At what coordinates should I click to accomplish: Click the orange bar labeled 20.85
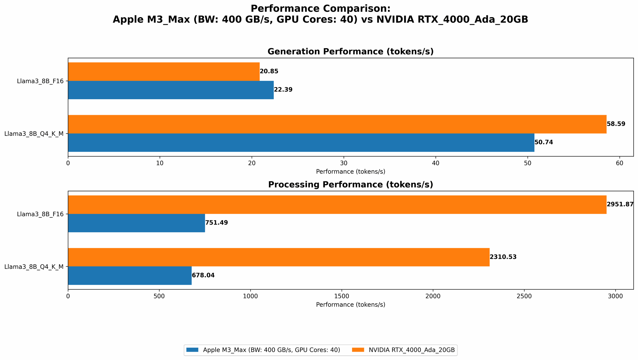click(164, 71)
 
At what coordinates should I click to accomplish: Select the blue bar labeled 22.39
click(171, 90)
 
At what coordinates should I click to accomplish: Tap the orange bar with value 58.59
click(337, 124)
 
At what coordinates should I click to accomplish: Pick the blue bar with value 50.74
click(301, 143)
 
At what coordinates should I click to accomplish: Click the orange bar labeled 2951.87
click(337, 204)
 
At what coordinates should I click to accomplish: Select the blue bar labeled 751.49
click(136, 223)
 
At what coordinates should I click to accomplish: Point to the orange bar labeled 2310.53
click(278, 257)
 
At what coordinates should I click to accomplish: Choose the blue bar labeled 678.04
click(130, 276)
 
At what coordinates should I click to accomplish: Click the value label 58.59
click(616, 124)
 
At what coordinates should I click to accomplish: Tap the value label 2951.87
click(620, 204)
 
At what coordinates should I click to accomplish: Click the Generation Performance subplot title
click(350, 52)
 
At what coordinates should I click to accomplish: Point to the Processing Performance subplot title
click(350, 185)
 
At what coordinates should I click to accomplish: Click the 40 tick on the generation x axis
click(435, 163)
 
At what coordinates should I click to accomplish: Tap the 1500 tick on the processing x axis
click(342, 296)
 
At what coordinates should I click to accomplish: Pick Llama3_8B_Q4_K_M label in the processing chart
click(34, 267)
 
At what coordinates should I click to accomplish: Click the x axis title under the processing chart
click(350, 305)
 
